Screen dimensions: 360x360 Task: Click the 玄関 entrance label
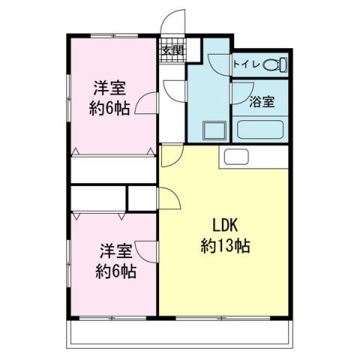click(172, 51)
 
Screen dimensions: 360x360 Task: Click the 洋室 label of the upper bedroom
click(109, 87)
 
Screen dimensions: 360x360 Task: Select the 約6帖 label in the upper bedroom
click(109, 108)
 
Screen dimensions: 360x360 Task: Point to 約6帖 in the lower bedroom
click(115, 271)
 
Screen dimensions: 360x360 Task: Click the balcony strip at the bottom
click(180, 332)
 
